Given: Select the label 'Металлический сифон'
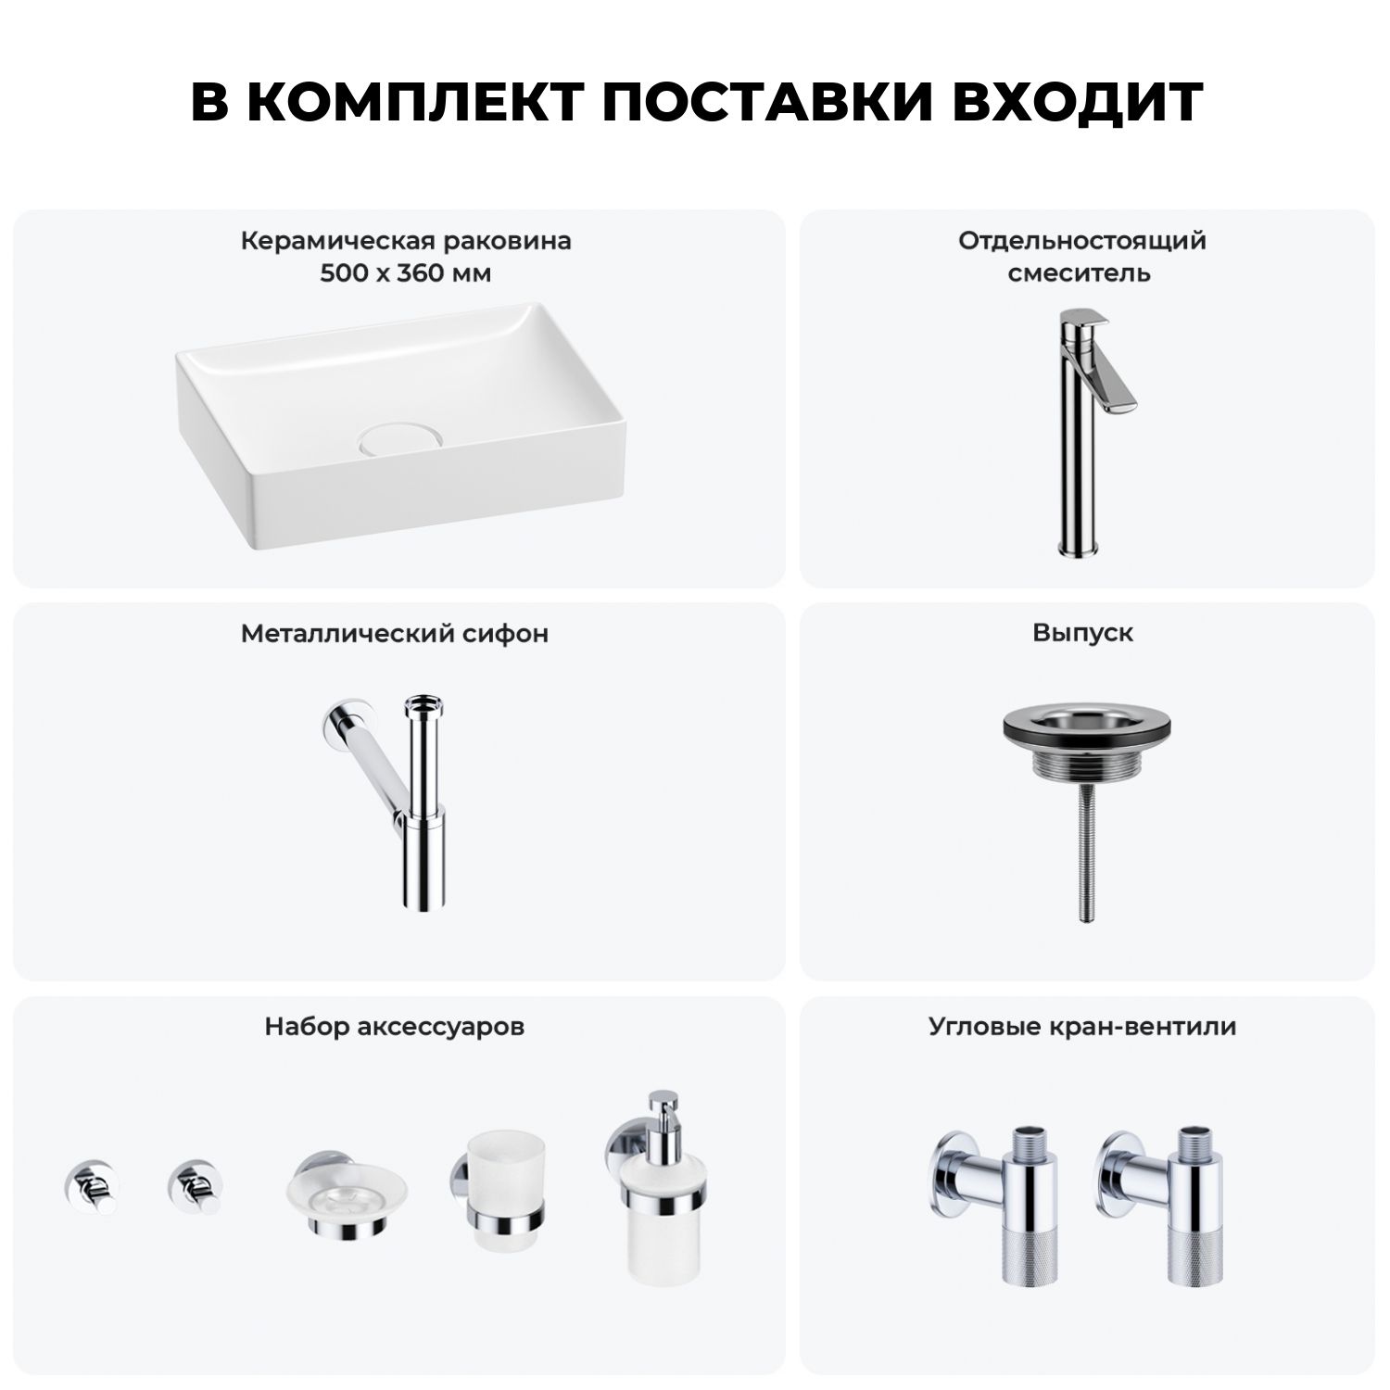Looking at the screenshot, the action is [395, 633].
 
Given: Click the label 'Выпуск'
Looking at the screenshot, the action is [1083, 633].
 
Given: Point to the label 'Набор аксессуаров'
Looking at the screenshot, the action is [395, 1026].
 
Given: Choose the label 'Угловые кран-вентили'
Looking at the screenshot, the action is [1082, 1026].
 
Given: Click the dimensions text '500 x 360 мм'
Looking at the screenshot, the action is [406, 273].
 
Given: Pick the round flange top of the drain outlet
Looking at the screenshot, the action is [1082, 723].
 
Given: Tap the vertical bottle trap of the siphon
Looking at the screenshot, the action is [422, 797].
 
